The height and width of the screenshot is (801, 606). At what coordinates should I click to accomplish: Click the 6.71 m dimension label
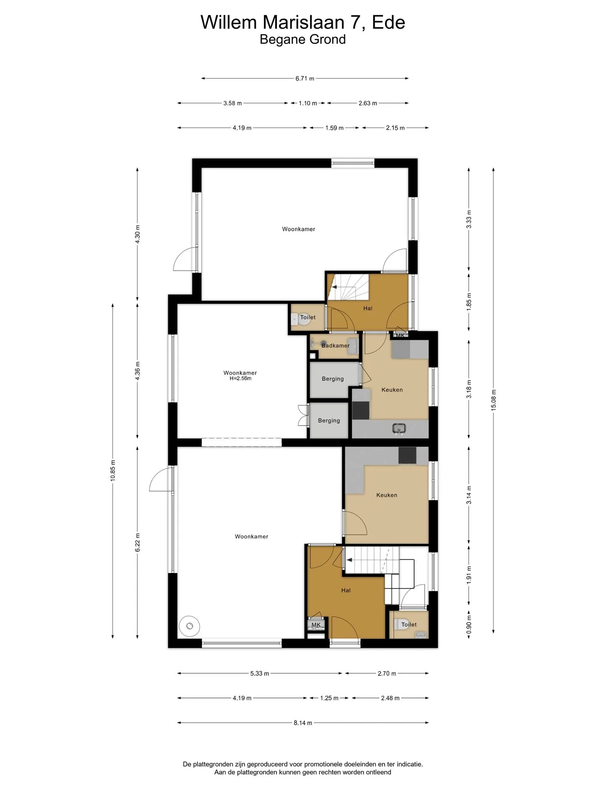click(305, 78)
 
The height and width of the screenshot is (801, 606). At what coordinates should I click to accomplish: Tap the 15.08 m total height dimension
click(494, 400)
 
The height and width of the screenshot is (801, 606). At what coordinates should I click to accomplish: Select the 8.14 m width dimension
click(303, 723)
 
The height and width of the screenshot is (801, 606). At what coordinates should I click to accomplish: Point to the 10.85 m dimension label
click(113, 471)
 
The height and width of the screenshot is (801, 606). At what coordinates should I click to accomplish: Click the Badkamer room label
click(335, 346)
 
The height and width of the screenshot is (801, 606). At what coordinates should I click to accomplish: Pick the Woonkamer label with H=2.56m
click(240, 375)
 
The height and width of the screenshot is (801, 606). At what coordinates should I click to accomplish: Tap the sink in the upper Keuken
click(399, 429)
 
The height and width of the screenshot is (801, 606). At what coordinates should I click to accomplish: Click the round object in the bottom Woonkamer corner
click(189, 626)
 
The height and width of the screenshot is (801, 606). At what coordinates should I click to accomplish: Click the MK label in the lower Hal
click(316, 625)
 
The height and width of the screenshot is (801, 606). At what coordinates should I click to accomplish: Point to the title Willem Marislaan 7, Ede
click(303, 22)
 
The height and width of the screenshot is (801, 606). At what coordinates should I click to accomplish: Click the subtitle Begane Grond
click(303, 39)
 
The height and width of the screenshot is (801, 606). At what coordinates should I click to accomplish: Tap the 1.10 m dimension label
click(308, 103)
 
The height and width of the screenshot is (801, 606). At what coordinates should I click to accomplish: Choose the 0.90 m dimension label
click(469, 624)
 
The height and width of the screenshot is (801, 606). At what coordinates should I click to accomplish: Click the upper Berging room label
click(333, 379)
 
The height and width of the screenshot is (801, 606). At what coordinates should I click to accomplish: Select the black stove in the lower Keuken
click(407, 455)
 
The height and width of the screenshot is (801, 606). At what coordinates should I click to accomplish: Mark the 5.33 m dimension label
click(260, 673)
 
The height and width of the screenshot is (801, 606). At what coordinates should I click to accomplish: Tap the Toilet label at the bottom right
click(409, 625)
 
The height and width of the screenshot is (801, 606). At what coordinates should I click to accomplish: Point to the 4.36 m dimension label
click(137, 371)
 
